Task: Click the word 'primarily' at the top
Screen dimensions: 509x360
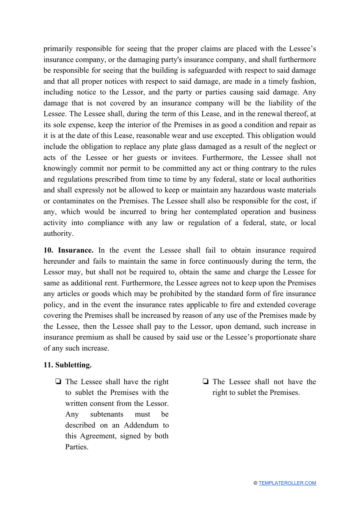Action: tap(58, 49)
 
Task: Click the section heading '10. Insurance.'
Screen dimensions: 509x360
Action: tap(68, 250)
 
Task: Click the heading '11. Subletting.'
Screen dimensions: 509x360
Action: tap(67, 365)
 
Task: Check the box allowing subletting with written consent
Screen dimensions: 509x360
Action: tap(58, 382)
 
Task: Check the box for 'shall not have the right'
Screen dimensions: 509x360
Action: tap(206, 382)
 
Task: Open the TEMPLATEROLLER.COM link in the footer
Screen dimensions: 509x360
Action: tap(287, 483)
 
